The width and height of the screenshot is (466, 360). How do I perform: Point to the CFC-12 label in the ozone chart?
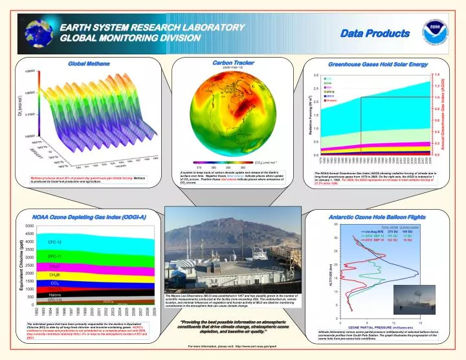point(55,242)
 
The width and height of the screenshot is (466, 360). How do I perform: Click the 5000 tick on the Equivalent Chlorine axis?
point(30,226)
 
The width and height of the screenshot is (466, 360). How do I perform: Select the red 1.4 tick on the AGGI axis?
point(438,74)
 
